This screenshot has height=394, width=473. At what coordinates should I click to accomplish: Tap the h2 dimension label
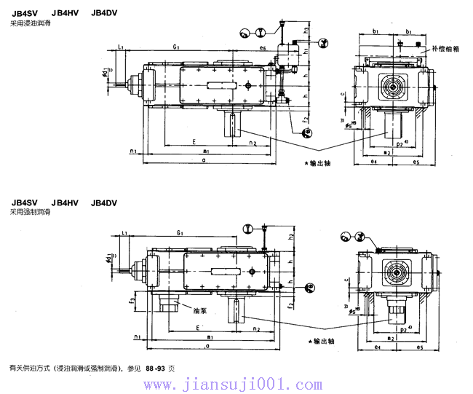point(290,237)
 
